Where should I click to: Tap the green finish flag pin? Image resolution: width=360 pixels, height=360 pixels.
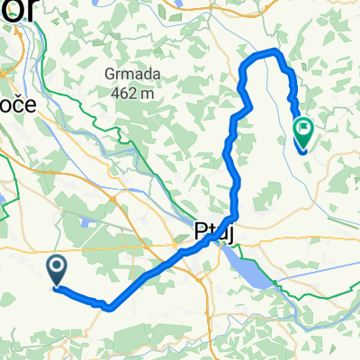302,133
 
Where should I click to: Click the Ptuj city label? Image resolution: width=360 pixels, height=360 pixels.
214,231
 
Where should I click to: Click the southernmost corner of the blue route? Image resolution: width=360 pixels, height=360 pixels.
108,307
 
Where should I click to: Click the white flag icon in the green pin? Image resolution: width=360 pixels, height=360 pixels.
302,130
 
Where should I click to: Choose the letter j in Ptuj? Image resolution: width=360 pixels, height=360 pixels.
230,233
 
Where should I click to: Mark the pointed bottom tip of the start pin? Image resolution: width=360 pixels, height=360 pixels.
56,286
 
